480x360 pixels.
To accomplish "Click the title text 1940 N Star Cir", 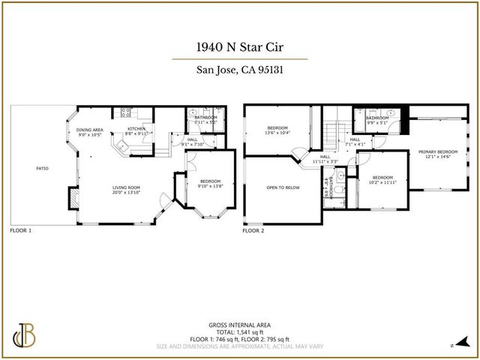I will [x=239, y=46].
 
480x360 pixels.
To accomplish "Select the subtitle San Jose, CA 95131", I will [x=239, y=72].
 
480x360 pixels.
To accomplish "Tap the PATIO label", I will [x=42, y=168].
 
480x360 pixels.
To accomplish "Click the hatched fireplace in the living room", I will [x=72, y=197].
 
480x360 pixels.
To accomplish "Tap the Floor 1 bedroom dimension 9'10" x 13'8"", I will [x=210, y=184].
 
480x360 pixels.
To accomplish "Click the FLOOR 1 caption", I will [x=20, y=231].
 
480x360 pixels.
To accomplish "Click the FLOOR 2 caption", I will [x=253, y=231].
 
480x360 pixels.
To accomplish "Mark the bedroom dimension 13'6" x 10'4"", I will [x=277, y=133].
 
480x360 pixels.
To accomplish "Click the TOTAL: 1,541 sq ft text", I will [x=239, y=331].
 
